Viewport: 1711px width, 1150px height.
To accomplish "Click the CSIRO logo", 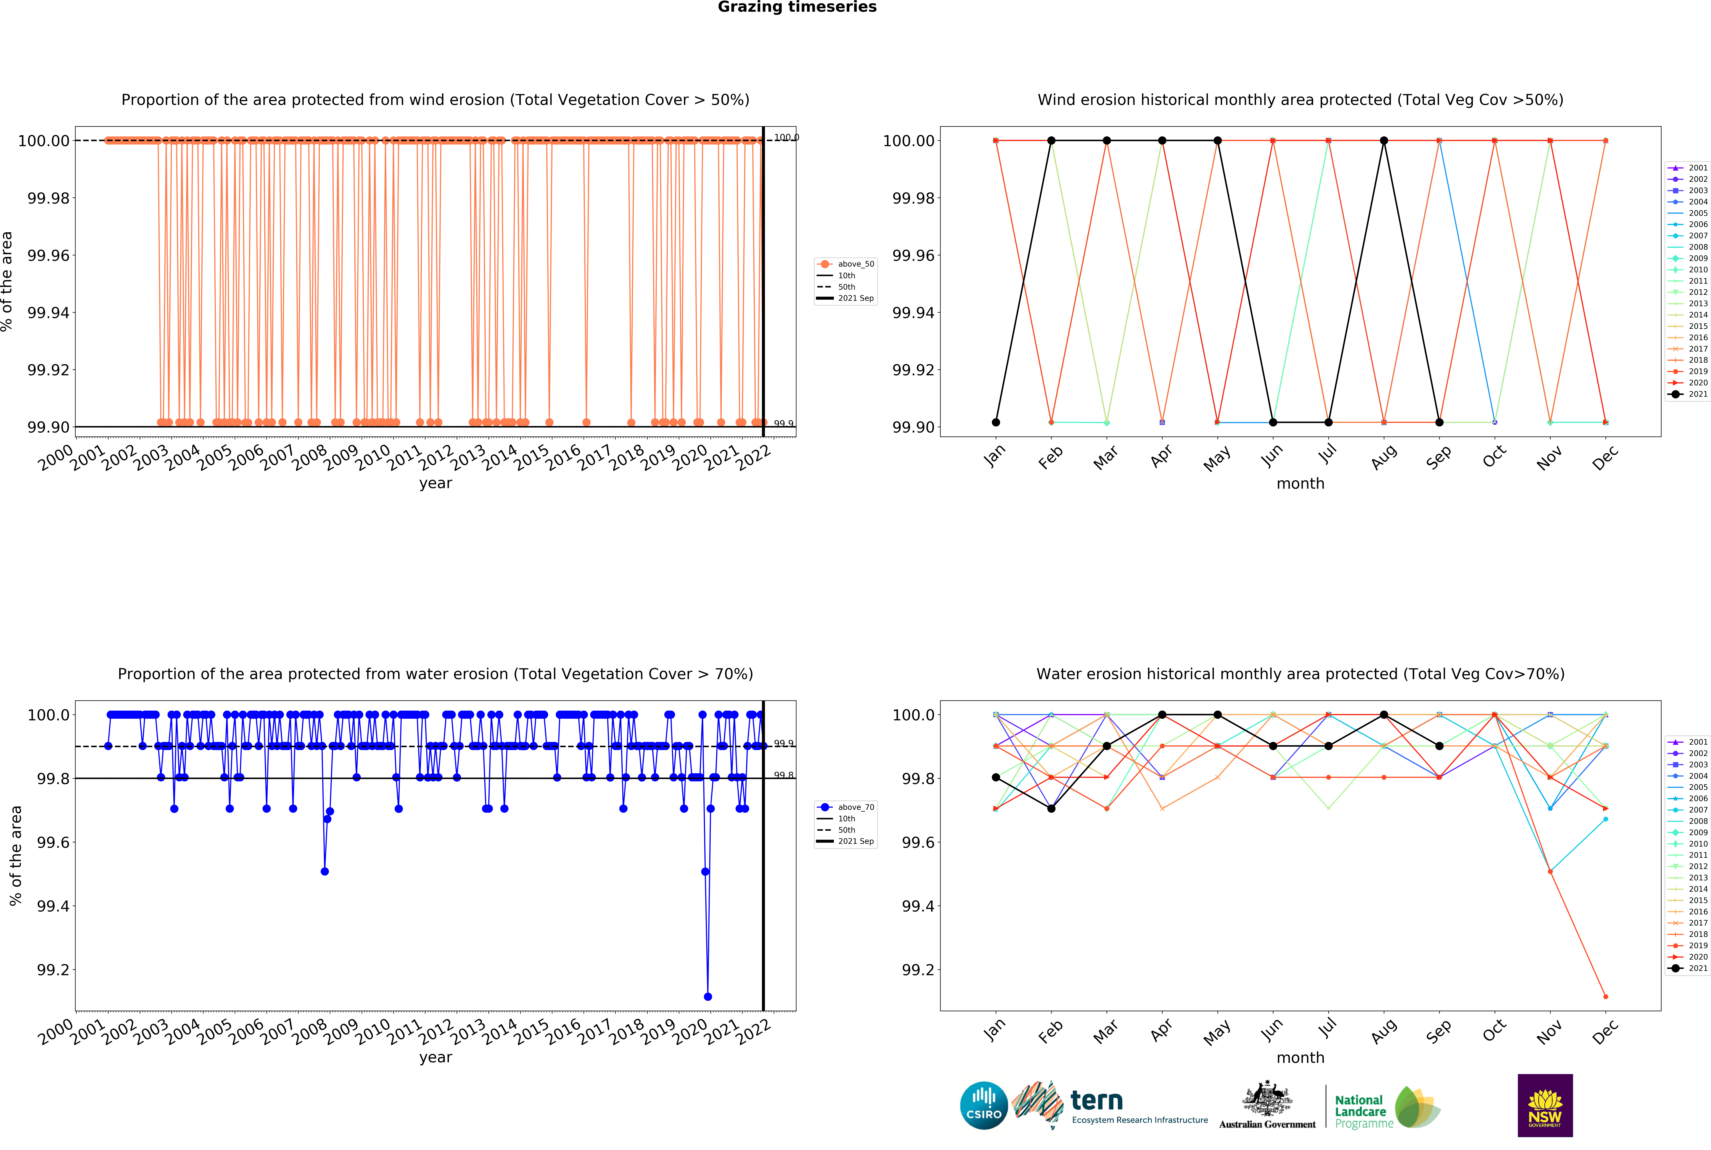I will (983, 1105).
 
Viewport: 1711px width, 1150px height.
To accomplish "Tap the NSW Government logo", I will (1545, 1105).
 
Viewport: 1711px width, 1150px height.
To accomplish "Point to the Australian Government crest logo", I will (1267, 1104).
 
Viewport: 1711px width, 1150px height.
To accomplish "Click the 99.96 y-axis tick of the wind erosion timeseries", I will (48, 255).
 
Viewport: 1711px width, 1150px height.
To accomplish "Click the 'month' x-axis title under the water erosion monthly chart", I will (1300, 1058).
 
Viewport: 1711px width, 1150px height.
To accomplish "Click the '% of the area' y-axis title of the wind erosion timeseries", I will (7, 282).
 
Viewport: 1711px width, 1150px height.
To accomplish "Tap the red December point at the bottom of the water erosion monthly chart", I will (1605, 997).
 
